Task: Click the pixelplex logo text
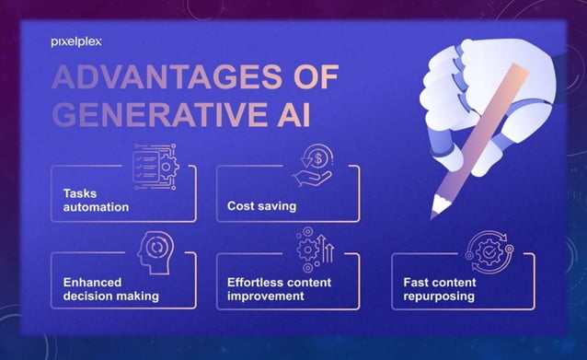click(x=75, y=41)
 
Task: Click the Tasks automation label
click(x=95, y=200)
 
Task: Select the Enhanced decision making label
click(x=111, y=289)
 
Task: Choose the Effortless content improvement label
click(x=280, y=289)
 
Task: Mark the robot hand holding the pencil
click(x=488, y=92)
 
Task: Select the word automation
click(x=96, y=207)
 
